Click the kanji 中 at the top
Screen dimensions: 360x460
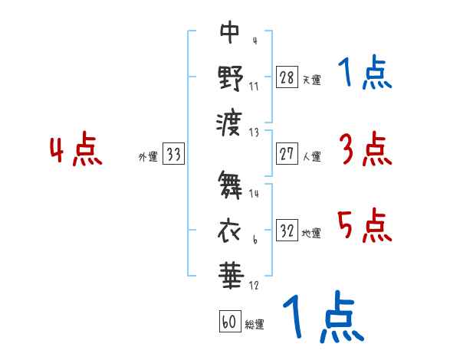point(230,32)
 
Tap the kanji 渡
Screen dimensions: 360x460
point(230,121)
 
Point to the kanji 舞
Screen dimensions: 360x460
point(230,184)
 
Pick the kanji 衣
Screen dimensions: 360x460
point(230,227)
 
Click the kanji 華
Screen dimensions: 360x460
point(230,271)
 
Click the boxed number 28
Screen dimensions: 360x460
point(287,77)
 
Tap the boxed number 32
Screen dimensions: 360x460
point(287,231)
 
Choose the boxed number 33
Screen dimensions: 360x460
point(173,155)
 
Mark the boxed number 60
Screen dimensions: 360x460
point(229,322)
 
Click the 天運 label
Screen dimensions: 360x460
point(311,80)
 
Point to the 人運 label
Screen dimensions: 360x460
point(311,156)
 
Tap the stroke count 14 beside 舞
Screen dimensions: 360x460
point(255,194)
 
